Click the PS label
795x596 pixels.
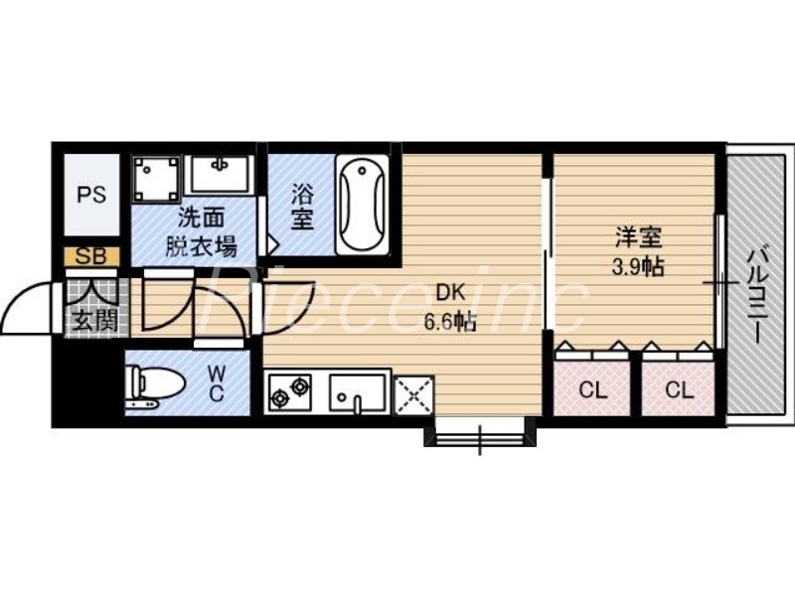click(92, 194)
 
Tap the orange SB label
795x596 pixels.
click(92, 256)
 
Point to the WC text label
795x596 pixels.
click(218, 383)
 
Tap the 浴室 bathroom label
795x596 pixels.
click(302, 206)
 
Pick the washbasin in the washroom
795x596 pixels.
click(221, 174)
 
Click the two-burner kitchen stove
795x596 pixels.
click(290, 392)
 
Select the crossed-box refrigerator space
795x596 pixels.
click(413, 394)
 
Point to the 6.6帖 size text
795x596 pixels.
click(450, 323)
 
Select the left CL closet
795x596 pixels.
click(592, 389)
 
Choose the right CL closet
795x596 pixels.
click(679, 389)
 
